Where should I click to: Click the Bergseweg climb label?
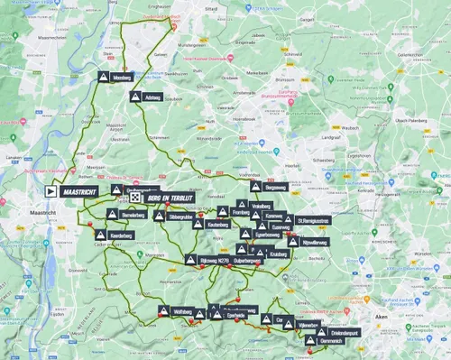[273, 187]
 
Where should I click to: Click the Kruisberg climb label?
[279, 254]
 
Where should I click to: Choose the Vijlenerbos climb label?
[308, 324]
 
